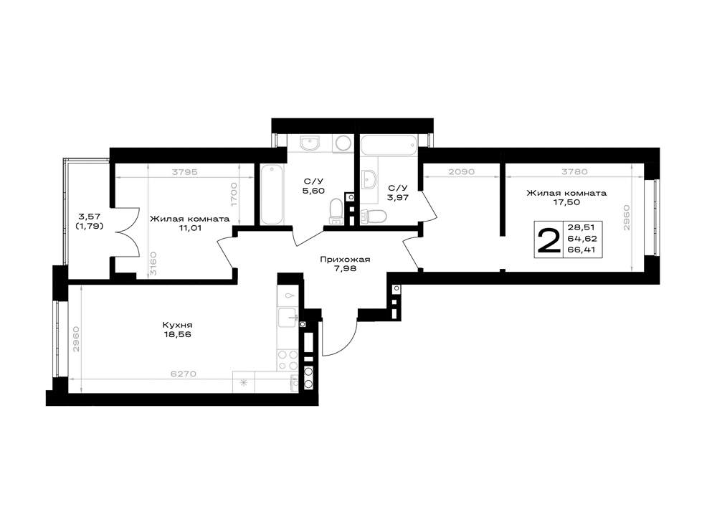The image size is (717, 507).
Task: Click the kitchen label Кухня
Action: pos(176,325)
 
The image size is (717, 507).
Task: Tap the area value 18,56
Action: pos(176,334)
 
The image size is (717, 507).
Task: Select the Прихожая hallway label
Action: pos(345,259)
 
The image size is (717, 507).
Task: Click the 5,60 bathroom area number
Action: pos(314,191)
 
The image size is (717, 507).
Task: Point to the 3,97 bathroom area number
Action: pos(397,197)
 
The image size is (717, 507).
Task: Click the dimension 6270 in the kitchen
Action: pos(184,374)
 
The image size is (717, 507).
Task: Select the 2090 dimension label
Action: pos(461,172)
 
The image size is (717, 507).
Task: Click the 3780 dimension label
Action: pos(574,172)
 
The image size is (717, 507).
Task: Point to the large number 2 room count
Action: pos(549,241)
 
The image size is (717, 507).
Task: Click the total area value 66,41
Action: pos(582,250)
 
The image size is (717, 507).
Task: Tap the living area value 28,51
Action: pos(581,227)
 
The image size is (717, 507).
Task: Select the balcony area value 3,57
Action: pos(90,216)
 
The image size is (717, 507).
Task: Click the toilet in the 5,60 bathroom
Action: pos(336,211)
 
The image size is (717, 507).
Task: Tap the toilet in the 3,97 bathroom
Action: pos(374,216)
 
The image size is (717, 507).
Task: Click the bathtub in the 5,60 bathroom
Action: pos(272,194)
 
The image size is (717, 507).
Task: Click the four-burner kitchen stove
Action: pos(288,360)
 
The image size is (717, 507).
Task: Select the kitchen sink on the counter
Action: pos(288,317)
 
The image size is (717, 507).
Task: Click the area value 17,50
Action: pos(566,202)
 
